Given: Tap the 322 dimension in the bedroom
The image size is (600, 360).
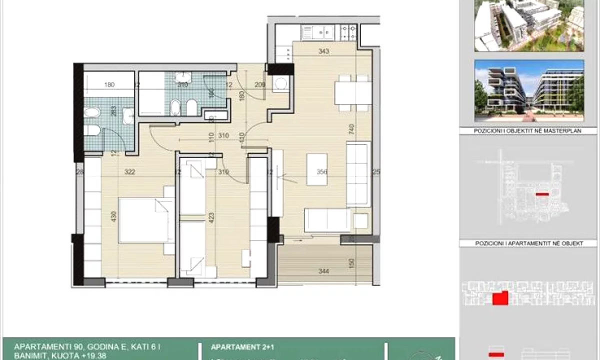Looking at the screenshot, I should [130, 172].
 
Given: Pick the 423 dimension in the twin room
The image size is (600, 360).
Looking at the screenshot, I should [211, 218].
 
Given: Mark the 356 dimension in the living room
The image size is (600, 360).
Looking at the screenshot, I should [322, 172].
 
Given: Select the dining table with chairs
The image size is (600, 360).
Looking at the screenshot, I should [352, 93].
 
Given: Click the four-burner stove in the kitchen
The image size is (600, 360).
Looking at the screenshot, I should [348, 32].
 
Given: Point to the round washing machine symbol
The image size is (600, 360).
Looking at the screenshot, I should [282, 83].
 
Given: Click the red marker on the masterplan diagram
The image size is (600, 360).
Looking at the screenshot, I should [542, 194].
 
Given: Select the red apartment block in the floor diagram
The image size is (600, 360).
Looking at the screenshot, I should [500, 298].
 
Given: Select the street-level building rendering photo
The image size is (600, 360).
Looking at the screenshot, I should [529, 90].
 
